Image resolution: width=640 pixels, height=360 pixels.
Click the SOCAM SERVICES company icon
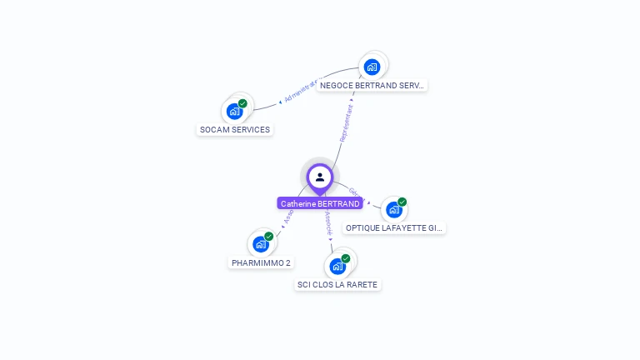click(234, 111)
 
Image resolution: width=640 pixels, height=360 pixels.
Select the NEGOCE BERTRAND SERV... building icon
click(372, 67)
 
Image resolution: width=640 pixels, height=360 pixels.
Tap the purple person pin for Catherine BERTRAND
click(320, 177)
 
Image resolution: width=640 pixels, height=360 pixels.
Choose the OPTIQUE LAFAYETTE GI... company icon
click(393, 209)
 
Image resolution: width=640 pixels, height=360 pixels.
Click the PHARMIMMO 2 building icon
click(261, 244)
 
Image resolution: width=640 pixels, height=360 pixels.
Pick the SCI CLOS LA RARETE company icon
click(337, 266)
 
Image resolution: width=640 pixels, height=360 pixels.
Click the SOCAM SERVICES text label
click(235, 130)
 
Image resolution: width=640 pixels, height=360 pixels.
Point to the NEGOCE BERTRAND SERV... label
click(372, 85)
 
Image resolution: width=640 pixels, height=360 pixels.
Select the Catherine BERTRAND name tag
click(320, 203)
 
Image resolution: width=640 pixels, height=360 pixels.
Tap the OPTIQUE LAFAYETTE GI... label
click(395, 227)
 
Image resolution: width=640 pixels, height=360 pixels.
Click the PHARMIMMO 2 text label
click(262, 263)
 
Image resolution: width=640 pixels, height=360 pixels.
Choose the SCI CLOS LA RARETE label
click(337, 285)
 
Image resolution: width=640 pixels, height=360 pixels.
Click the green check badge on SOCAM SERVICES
click(242, 103)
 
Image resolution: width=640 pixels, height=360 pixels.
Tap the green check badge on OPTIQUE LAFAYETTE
click(402, 202)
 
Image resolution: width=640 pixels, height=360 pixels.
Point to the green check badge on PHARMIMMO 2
click(269, 237)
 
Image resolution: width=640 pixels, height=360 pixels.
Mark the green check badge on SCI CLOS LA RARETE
click(346, 258)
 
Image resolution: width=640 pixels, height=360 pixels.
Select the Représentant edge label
click(346, 122)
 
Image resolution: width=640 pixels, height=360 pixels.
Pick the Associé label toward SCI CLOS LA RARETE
click(328, 223)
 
